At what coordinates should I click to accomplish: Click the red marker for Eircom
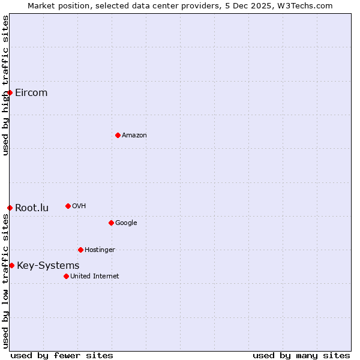[10, 92]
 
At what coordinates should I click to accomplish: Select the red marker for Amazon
[118, 135]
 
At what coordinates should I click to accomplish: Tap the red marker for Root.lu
[10, 208]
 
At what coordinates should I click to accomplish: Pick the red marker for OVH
[68, 206]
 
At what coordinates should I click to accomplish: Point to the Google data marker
[111, 223]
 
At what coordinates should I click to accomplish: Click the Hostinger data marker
[80, 250]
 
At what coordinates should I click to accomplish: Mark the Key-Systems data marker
[11, 265]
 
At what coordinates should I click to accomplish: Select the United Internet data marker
[66, 276]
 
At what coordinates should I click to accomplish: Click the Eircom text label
[31, 92]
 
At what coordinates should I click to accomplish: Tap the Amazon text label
[134, 135]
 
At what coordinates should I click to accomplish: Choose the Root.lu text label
[32, 208]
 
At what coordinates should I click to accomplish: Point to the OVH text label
[79, 206]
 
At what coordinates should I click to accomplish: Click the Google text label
[126, 223]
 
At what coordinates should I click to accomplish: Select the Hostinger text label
[100, 250]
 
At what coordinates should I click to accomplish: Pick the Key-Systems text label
[48, 265]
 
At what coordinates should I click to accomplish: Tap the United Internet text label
[95, 276]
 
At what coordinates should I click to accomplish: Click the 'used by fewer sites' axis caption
[62, 355]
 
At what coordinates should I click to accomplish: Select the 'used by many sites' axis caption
[301, 355]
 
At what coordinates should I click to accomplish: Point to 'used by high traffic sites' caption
[5, 85]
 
